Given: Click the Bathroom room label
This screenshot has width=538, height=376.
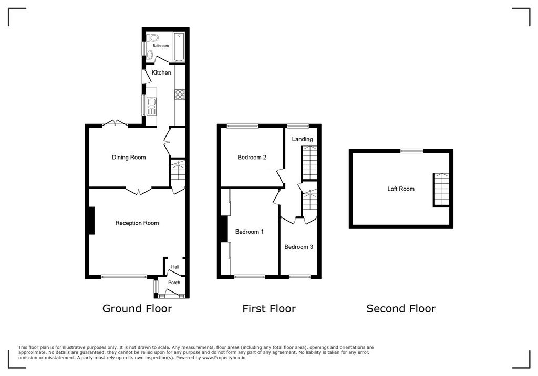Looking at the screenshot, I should pyautogui.click(x=161, y=46).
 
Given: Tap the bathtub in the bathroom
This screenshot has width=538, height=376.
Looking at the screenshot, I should pyautogui.click(x=179, y=46).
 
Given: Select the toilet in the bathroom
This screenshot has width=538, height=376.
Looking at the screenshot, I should pyautogui.click(x=152, y=37).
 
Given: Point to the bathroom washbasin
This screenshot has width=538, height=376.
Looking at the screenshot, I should pyautogui.click(x=150, y=55).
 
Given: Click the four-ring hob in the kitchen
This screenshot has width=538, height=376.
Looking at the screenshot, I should pyautogui.click(x=180, y=95).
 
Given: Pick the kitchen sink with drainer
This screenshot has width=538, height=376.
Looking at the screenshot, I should pyautogui.click(x=152, y=106).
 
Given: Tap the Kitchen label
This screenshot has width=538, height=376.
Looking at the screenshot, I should pyautogui.click(x=161, y=72).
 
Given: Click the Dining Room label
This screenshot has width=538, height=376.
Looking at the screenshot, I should pyautogui.click(x=129, y=157).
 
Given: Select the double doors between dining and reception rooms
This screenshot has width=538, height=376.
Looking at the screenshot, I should pyautogui.click(x=139, y=191).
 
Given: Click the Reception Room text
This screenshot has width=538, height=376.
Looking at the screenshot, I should pyautogui.click(x=137, y=223).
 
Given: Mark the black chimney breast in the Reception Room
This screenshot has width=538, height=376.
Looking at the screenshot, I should pyautogui.click(x=91, y=221).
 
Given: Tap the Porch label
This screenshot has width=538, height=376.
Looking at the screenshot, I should pyautogui.click(x=174, y=283).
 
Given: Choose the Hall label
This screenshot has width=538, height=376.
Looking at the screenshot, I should pyautogui.click(x=175, y=267).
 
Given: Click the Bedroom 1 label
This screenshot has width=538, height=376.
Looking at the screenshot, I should pyautogui.click(x=250, y=232).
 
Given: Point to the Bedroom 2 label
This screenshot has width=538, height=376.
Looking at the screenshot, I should pyautogui.click(x=252, y=157).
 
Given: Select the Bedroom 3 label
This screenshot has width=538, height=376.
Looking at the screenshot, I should pyautogui.click(x=299, y=246).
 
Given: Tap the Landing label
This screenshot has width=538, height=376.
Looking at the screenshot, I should pyautogui.click(x=302, y=139).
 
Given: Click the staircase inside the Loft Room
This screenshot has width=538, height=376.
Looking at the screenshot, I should pyautogui.click(x=441, y=190).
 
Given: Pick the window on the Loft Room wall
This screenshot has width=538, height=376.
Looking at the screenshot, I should pyautogui.click(x=412, y=151).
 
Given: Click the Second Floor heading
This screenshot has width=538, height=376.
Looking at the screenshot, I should pyautogui.click(x=401, y=309).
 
